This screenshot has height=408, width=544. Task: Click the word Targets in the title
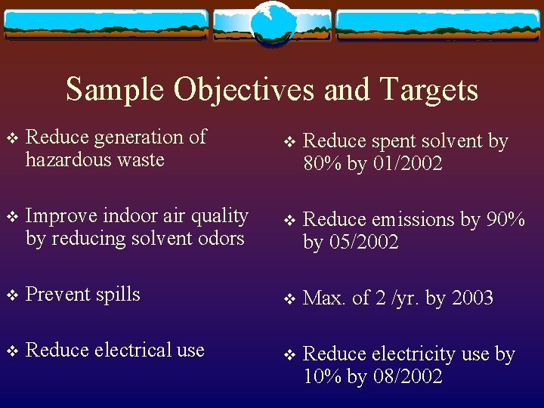[429, 90]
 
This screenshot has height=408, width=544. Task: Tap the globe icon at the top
[271, 22]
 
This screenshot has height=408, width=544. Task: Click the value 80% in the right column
[323, 163]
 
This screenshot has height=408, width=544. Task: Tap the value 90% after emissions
[505, 220]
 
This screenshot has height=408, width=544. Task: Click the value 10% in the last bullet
[323, 376]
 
